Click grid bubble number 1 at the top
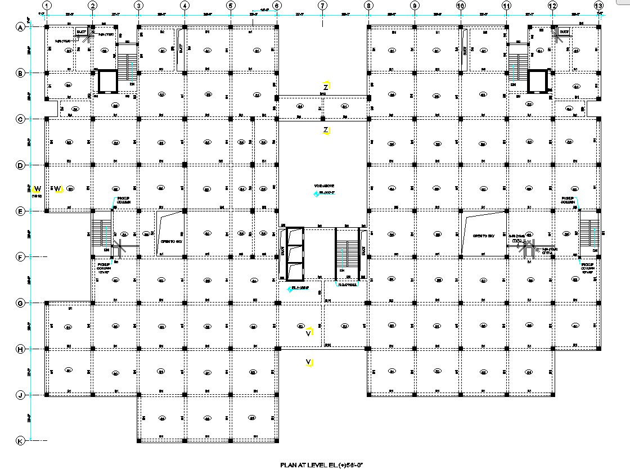pyautogui.click(x=47, y=6)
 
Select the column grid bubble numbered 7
pyautogui.click(x=322, y=6)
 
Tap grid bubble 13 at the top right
pyautogui.click(x=598, y=6)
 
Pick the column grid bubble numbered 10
pyautogui.click(x=461, y=6)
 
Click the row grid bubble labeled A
pyautogui.click(x=21, y=27)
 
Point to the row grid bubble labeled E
pyautogui.click(x=21, y=211)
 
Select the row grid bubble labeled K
pyautogui.click(x=21, y=441)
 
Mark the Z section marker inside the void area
pyautogui.click(x=326, y=130)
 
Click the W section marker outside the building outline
pyautogui.click(x=38, y=188)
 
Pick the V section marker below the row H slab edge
pyautogui.click(x=309, y=362)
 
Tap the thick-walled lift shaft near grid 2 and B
pyautogui.click(x=106, y=81)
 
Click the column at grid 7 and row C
pyautogui.click(x=322, y=119)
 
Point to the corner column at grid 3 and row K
pyautogui.click(x=138, y=441)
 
